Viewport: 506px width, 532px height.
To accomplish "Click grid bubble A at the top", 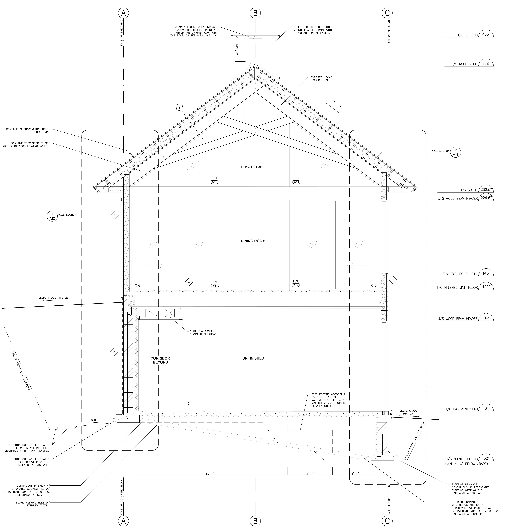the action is click(124, 13).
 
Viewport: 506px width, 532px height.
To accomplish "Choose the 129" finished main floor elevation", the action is click(486, 287).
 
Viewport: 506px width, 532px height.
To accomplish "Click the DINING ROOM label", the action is click(253, 241).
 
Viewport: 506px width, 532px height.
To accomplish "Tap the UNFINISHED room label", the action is click(253, 358).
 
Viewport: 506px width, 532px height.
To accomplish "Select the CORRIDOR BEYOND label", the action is click(160, 360).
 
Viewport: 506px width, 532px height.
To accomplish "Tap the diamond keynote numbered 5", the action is click(189, 404).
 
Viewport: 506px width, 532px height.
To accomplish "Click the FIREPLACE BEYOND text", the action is click(252, 167).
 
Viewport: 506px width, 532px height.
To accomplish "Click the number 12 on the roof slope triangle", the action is click(334, 101).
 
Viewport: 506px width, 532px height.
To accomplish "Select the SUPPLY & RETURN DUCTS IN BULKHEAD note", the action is click(203, 333).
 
